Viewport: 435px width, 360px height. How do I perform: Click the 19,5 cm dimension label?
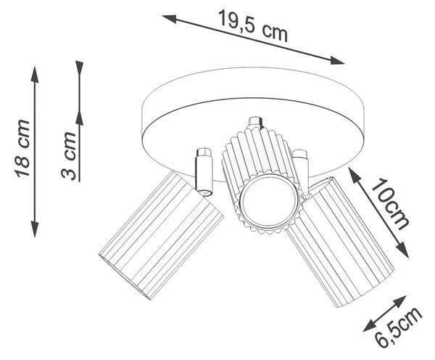[x=253, y=25]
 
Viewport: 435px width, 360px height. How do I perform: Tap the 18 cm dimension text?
[x=22, y=149]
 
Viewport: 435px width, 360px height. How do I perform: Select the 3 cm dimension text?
[x=68, y=155]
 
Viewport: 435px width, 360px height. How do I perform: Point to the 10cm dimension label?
[x=390, y=205]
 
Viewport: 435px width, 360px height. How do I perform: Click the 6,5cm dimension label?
[x=398, y=328]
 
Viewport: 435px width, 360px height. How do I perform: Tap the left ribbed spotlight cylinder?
[x=161, y=235]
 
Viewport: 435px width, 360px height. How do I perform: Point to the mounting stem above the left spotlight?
[x=204, y=172]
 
